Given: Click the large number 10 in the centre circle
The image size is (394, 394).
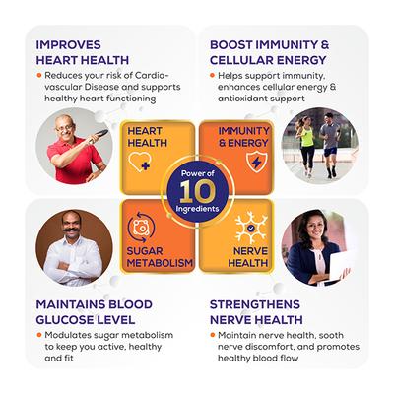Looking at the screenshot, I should click(198, 194).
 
